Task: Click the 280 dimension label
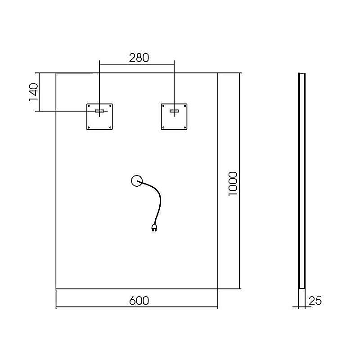pos(139,58)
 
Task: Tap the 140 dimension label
pos(33,92)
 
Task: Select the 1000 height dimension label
pos(233,184)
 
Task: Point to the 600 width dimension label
pos(139,301)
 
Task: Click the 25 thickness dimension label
pos(315,301)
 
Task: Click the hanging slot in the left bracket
pos(99,111)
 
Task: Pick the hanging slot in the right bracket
pos(174,111)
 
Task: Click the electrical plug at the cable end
pos(154,228)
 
